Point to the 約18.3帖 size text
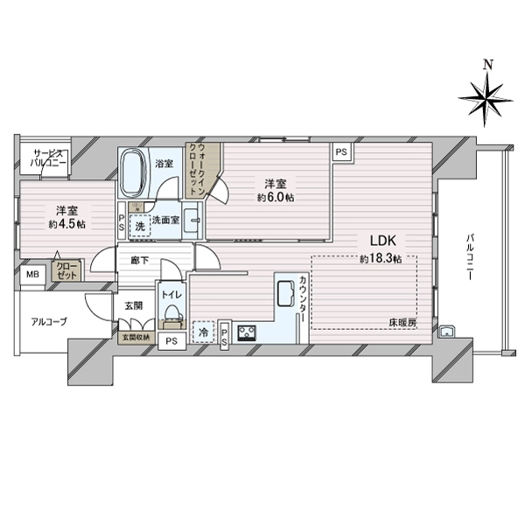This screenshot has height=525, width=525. click(380, 259)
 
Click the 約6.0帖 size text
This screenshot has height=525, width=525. click(276, 198)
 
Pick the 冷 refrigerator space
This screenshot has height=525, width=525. click(202, 331)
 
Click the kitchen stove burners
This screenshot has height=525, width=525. click(246, 332)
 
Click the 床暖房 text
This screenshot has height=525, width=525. click(402, 323)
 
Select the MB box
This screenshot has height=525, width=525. click(31, 276)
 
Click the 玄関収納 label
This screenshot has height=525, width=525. click(136, 336)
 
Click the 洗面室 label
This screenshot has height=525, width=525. click(166, 221)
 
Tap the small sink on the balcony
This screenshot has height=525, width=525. click(446, 331)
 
